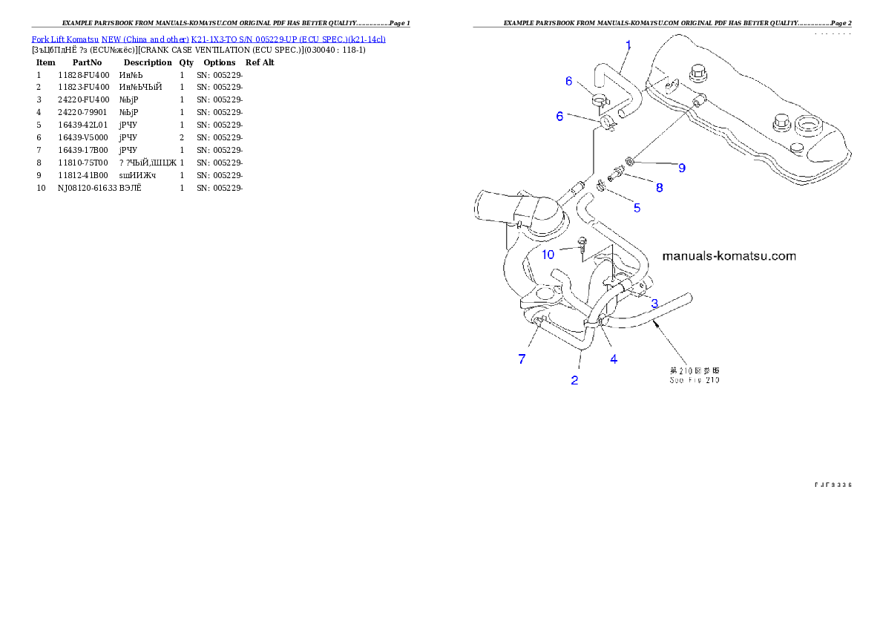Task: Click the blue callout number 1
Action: pos(628,45)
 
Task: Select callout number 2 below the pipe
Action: pos(574,380)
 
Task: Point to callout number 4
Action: pos(614,359)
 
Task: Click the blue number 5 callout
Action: pos(637,208)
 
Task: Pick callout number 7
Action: pos(522,359)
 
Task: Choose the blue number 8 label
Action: pos(659,188)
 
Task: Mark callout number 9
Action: pos(681,168)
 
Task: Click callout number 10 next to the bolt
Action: pos(548,255)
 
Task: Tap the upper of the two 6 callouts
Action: pos(569,81)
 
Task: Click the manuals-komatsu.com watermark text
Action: pos(729,256)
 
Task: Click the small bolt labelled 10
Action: pos(582,243)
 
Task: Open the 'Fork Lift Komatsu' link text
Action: pos(65,38)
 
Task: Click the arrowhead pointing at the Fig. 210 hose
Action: pos(655,324)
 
